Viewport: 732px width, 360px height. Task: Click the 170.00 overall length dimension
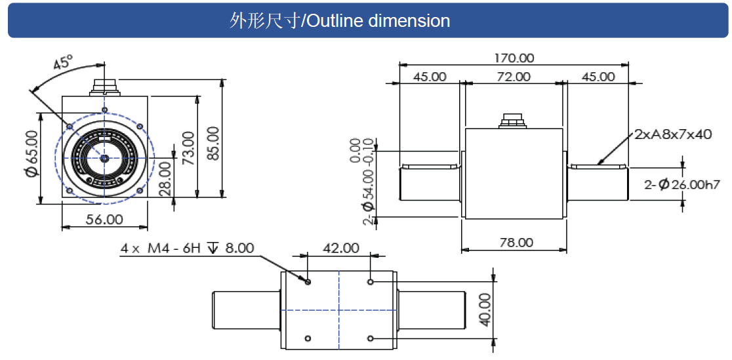click(514, 58)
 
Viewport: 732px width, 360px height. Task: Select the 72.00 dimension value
click(513, 77)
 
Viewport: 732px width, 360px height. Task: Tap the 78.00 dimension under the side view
click(516, 242)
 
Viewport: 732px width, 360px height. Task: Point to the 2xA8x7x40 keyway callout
click(672, 134)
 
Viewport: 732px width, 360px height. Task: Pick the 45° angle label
click(64, 64)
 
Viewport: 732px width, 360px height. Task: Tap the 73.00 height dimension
click(189, 148)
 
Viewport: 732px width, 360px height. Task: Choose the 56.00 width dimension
click(104, 219)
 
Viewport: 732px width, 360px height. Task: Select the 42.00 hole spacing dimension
click(340, 249)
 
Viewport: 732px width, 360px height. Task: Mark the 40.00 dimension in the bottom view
click(484, 310)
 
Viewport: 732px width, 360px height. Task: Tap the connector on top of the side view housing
click(510, 121)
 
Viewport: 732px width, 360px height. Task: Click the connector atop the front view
click(105, 87)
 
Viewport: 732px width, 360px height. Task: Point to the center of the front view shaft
click(104, 157)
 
